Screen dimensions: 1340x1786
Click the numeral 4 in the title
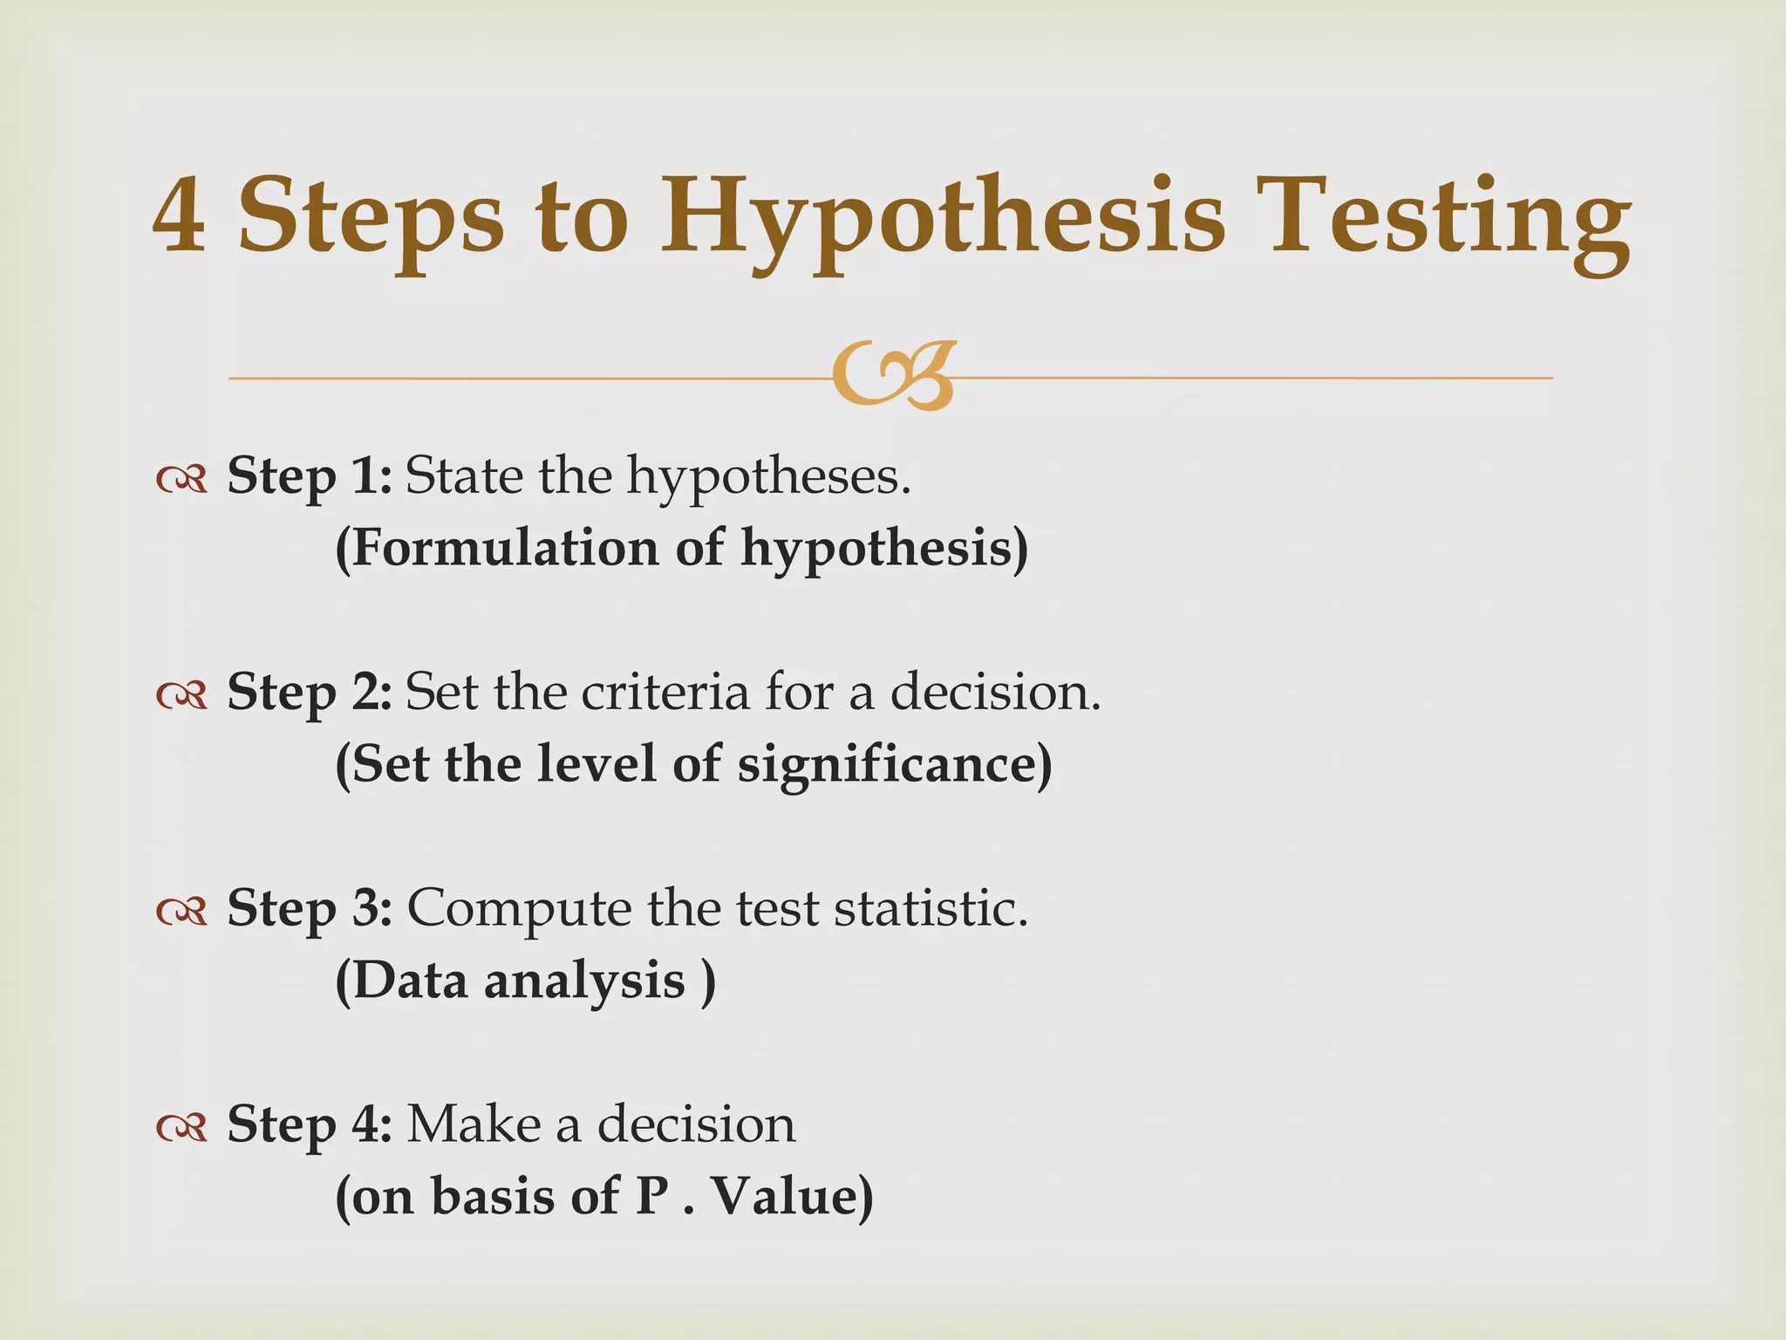pyautogui.click(x=180, y=215)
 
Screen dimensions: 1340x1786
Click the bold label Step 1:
pyautogui.click(x=310, y=477)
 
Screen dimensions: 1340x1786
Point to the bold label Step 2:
pyautogui.click(x=310, y=693)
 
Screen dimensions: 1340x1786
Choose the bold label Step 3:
pyautogui.click(x=310, y=909)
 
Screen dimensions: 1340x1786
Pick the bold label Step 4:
pyautogui.click(x=310, y=1125)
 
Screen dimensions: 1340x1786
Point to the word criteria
pyautogui.click(x=665, y=693)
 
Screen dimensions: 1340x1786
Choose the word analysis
pyautogui.click(x=584, y=981)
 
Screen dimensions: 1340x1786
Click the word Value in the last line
pyautogui.click(x=790, y=1196)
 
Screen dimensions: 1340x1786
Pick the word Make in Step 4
pyautogui.click(x=474, y=1125)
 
